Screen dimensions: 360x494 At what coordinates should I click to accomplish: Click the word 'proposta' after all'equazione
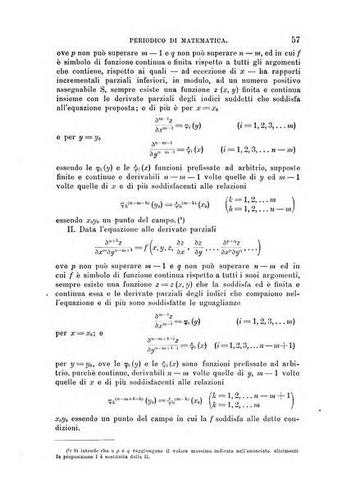pyautogui.click(x=123, y=130)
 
